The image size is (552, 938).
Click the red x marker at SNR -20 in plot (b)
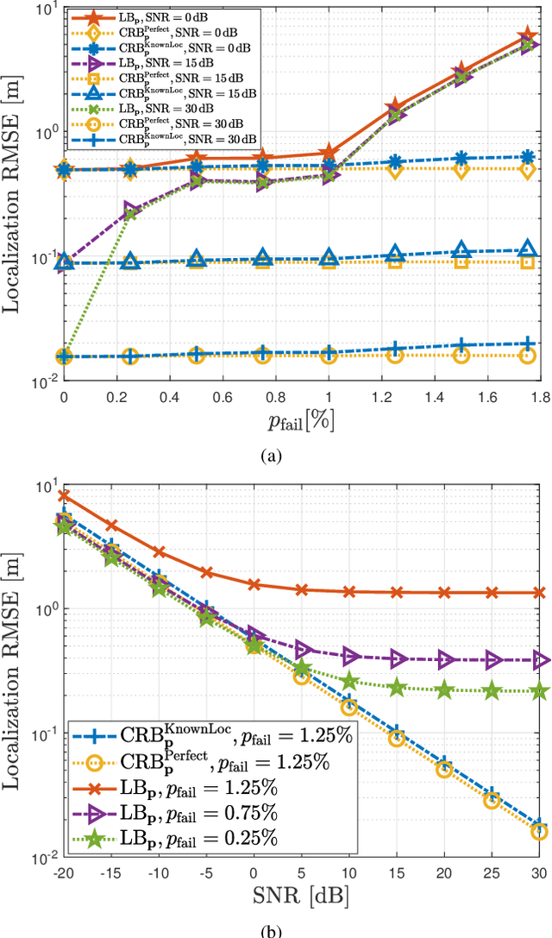click(x=64, y=496)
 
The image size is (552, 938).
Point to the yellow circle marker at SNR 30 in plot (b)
click(x=540, y=831)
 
